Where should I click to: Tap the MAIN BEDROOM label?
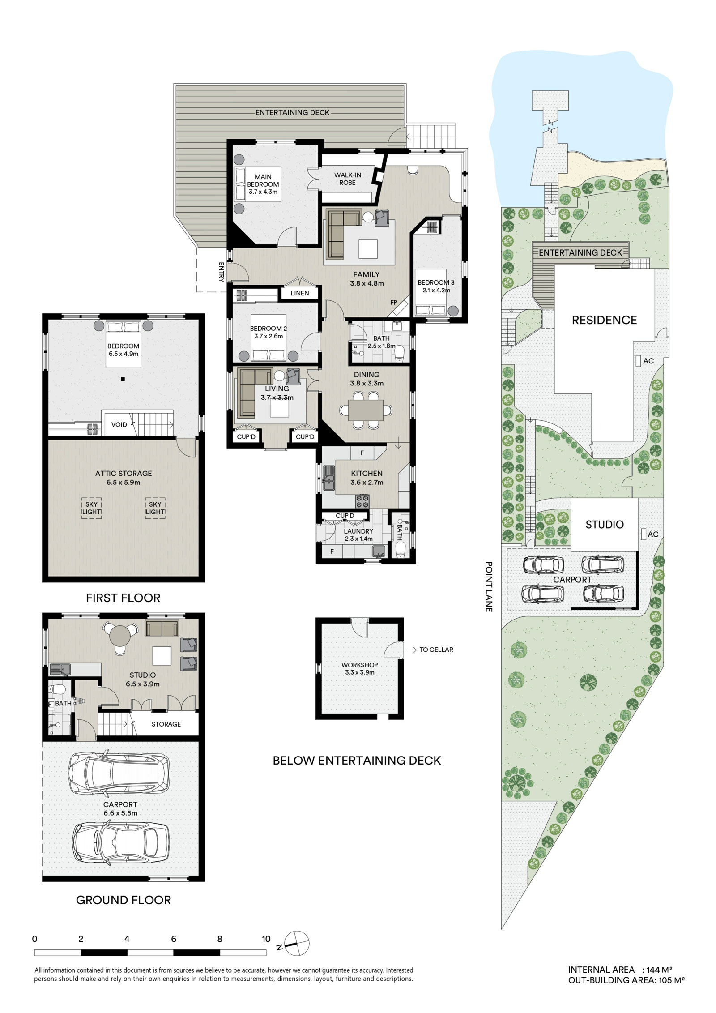263,180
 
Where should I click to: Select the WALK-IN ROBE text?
347,179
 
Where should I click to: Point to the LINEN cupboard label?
299,293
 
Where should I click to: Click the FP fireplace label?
393,303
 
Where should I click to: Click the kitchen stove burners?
362,500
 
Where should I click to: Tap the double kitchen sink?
329,478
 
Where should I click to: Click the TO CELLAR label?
436,650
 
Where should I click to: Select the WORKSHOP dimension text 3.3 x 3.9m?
359,672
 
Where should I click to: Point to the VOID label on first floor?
119,424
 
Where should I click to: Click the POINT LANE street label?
489,586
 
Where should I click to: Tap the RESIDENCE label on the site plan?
604,320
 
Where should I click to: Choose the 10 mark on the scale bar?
266,939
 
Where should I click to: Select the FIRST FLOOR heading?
123,598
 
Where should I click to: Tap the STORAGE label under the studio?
166,724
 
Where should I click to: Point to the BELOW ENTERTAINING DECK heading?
357,760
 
